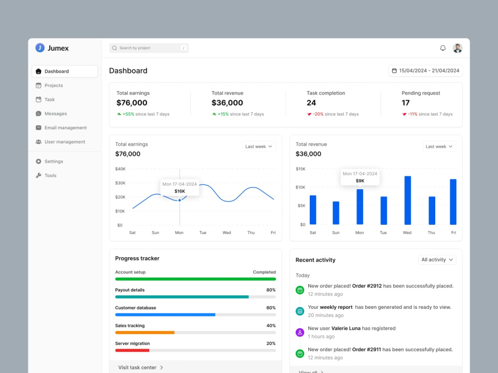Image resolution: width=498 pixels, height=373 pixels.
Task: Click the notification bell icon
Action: coord(443,48)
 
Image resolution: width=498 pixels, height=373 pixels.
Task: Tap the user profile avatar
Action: coord(457,48)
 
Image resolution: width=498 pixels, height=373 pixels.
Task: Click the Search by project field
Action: coord(148,48)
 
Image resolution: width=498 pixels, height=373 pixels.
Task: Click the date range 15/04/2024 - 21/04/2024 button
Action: coord(426,71)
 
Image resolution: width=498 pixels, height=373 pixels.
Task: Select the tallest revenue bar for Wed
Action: coord(407,200)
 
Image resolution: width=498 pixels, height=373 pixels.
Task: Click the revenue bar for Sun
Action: coord(336,213)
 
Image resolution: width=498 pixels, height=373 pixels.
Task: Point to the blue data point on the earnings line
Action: coord(180,200)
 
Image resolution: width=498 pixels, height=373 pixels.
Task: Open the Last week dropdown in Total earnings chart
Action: coord(258,147)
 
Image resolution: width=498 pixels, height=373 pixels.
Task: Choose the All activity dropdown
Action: coord(437,260)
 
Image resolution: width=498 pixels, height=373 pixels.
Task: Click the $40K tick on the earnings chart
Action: coord(121,169)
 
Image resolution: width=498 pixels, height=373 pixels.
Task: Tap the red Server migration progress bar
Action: coord(132,351)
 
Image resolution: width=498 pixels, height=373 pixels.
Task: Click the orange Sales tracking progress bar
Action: coord(144,332)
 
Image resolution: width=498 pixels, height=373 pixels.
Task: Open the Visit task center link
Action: coord(140,368)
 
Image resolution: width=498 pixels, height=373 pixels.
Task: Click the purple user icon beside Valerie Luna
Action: coord(300,332)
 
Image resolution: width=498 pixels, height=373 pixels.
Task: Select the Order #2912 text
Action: coord(367,286)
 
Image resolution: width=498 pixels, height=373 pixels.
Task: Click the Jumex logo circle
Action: coord(40,48)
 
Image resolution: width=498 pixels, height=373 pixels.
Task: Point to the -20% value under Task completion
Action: coord(318,114)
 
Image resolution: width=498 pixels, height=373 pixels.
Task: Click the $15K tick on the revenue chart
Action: coord(300,169)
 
